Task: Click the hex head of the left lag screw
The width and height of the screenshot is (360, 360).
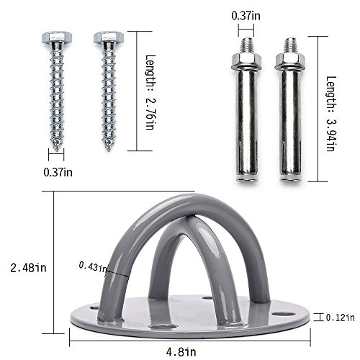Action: (x=57, y=36)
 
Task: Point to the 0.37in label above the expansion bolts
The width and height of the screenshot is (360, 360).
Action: (x=248, y=14)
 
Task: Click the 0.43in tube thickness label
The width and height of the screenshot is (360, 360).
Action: (x=93, y=266)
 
